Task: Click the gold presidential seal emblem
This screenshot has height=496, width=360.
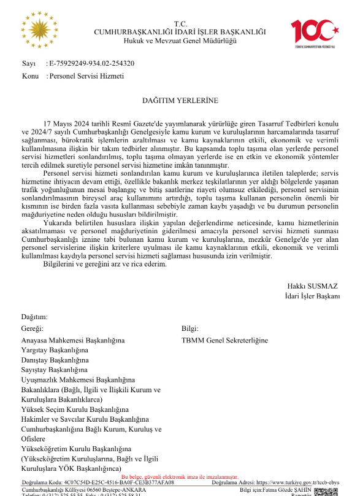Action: point(41,29)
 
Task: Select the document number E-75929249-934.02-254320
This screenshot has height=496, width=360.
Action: point(92,63)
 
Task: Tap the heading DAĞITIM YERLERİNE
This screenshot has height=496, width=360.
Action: point(180,99)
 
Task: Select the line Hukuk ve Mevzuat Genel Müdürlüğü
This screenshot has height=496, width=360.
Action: point(180,41)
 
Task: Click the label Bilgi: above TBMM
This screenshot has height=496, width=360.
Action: point(190,328)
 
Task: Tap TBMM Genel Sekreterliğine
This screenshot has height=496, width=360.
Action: point(225,339)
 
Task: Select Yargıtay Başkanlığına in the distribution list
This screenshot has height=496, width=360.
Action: point(55,349)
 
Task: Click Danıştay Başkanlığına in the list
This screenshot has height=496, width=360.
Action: point(55,360)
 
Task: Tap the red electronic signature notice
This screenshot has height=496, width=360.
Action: point(180,476)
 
